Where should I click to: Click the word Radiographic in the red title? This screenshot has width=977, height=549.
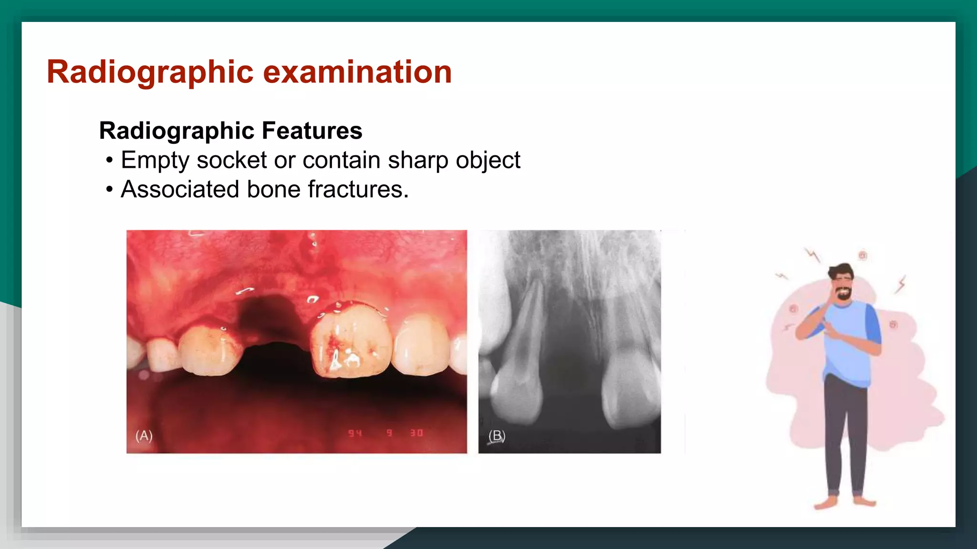pyautogui.click(x=150, y=72)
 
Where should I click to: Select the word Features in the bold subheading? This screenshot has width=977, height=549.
pyautogui.click(x=312, y=131)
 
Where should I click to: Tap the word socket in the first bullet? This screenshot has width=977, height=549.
pyautogui.click(x=232, y=160)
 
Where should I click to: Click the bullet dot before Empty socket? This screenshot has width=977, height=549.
pyautogui.click(x=110, y=161)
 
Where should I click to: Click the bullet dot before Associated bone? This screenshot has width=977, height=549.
pyautogui.click(x=110, y=190)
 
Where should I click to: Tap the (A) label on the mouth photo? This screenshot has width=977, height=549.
pyautogui.click(x=144, y=436)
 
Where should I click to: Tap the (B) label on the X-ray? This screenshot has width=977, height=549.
pyautogui.click(x=497, y=436)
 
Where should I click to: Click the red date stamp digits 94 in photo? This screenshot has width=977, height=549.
pyautogui.click(x=355, y=433)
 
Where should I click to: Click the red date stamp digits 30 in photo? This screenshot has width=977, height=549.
pyautogui.click(x=416, y=433)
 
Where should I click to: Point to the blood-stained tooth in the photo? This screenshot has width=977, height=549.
pyautogui.click(x=351, y=341)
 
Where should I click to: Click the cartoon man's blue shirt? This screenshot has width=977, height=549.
pyautogui.click(x=849, y=343)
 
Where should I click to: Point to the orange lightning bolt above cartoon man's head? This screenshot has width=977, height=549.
pyautogui.click(x=812, y=255)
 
